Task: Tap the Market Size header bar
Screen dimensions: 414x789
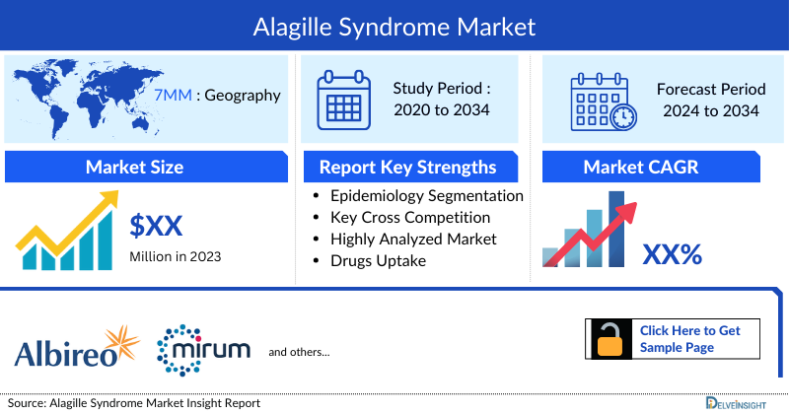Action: pos(134,168)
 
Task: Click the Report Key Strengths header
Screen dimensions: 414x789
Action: pos(407,168)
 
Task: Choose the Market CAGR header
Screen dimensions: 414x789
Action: pos(654,168)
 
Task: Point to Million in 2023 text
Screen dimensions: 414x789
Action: pos(175,256)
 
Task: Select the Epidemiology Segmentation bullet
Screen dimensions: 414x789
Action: pos(426,195)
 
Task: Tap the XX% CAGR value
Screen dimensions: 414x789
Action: pos(672,254)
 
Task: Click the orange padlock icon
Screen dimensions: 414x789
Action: pos(608,339)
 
